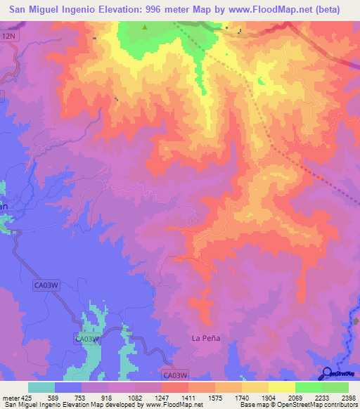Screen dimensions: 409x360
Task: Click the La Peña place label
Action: [206, 338]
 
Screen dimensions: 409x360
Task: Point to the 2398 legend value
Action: [349, 397]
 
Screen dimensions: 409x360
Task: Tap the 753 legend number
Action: [81, 397]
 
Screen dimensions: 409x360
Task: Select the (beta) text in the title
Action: [326, 10]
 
